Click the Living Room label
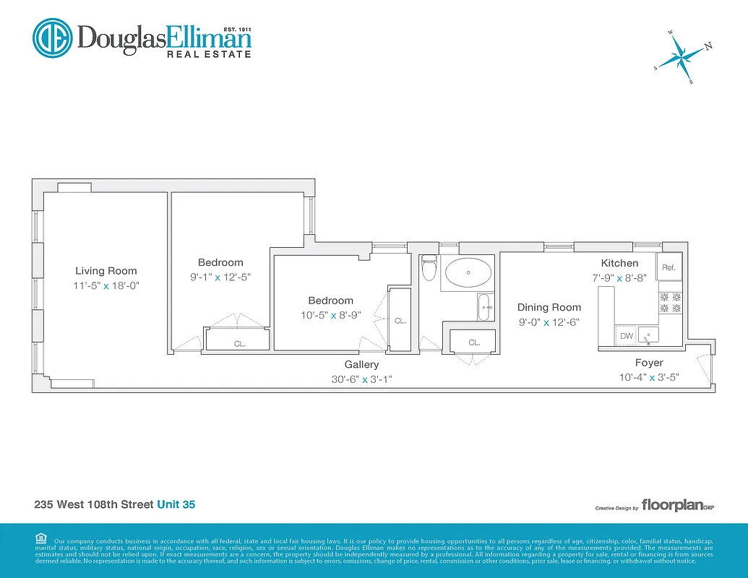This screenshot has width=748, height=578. (106, 271)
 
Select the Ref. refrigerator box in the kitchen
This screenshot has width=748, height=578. (669, 268)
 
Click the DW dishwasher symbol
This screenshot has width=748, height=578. (626, 336)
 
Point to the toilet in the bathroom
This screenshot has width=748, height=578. (429, 269)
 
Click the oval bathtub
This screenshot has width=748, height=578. (468, 274)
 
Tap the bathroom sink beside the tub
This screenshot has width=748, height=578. (485, 307)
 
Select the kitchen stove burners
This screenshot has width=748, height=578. (670, 302)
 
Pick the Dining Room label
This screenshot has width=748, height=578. (549, 308)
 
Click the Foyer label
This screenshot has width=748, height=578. (648, 363)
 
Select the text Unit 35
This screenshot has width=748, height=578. (176, 504)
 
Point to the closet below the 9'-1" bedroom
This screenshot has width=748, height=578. (239, 340)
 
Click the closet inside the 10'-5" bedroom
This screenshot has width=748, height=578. (400, 319)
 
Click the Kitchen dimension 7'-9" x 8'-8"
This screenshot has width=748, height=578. (619, 277)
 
